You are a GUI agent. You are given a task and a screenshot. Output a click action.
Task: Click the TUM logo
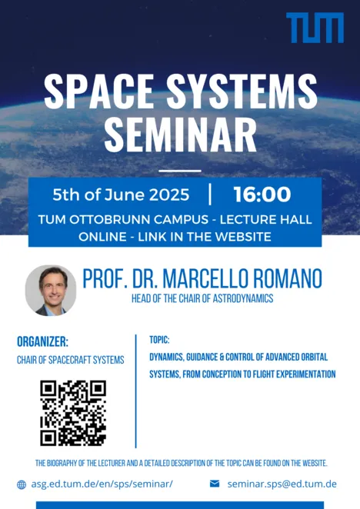[315, 28]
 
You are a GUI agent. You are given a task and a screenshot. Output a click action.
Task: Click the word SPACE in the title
[98, 91]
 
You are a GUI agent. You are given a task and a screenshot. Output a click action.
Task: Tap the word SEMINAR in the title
[180, 135]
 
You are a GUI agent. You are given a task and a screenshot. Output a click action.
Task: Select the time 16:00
[262, 195]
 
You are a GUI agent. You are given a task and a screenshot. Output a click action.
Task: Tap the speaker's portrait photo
[51, 290]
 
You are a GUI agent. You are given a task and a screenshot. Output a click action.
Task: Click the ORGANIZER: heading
[42, 341]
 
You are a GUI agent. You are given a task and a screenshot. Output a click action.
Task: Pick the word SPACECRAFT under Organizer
[69, 360]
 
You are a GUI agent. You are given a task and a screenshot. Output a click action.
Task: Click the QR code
[73, 413]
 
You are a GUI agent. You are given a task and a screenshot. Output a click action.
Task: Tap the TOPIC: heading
[159, 340]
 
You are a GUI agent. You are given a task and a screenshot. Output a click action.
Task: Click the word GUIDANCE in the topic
[200, 357]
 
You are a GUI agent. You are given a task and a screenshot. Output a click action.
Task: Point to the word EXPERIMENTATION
[306, 374]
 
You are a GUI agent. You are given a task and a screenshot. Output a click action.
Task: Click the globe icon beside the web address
[22, 484]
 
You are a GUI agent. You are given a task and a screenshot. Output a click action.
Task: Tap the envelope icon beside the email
[215, 484]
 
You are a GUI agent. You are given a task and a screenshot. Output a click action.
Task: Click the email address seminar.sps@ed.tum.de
[282, 484]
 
